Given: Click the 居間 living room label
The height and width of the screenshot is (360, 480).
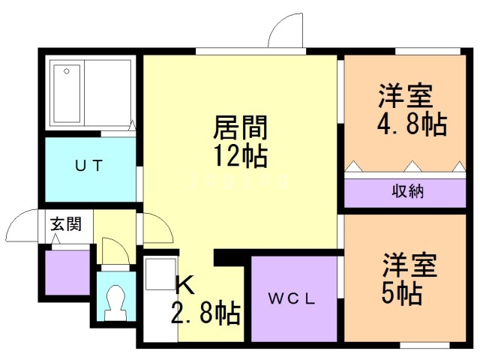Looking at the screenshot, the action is click(x=240, y=127).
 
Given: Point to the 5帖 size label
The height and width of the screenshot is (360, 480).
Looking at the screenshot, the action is click(x=402, y=293).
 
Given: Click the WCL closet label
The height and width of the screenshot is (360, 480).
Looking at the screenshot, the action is click(x=292, y=298).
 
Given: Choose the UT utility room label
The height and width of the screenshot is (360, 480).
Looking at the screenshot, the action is click(x=88, y=166).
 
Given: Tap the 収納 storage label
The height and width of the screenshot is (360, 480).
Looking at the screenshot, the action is click(x=408, y=192).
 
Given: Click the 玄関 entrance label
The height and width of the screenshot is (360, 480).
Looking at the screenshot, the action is click(x=66, y=223).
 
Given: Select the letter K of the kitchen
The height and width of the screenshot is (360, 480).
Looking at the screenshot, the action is click(x=185, y=285).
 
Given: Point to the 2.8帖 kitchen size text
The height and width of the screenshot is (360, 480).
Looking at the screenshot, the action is click(x=205, y=313).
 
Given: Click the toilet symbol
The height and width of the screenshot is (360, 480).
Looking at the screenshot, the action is click(x=115, y=303).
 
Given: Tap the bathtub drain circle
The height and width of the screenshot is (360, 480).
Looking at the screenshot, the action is click(x=67, y=71).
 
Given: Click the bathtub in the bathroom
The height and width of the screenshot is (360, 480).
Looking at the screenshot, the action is click(x=67, y=93).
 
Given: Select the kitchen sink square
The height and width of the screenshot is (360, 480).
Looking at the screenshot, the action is click(x=160, y=274).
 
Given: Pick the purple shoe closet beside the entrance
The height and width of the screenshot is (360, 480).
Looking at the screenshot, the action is click(x=67, y=272).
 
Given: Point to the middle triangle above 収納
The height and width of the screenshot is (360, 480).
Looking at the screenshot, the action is click(x=412, y=166).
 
